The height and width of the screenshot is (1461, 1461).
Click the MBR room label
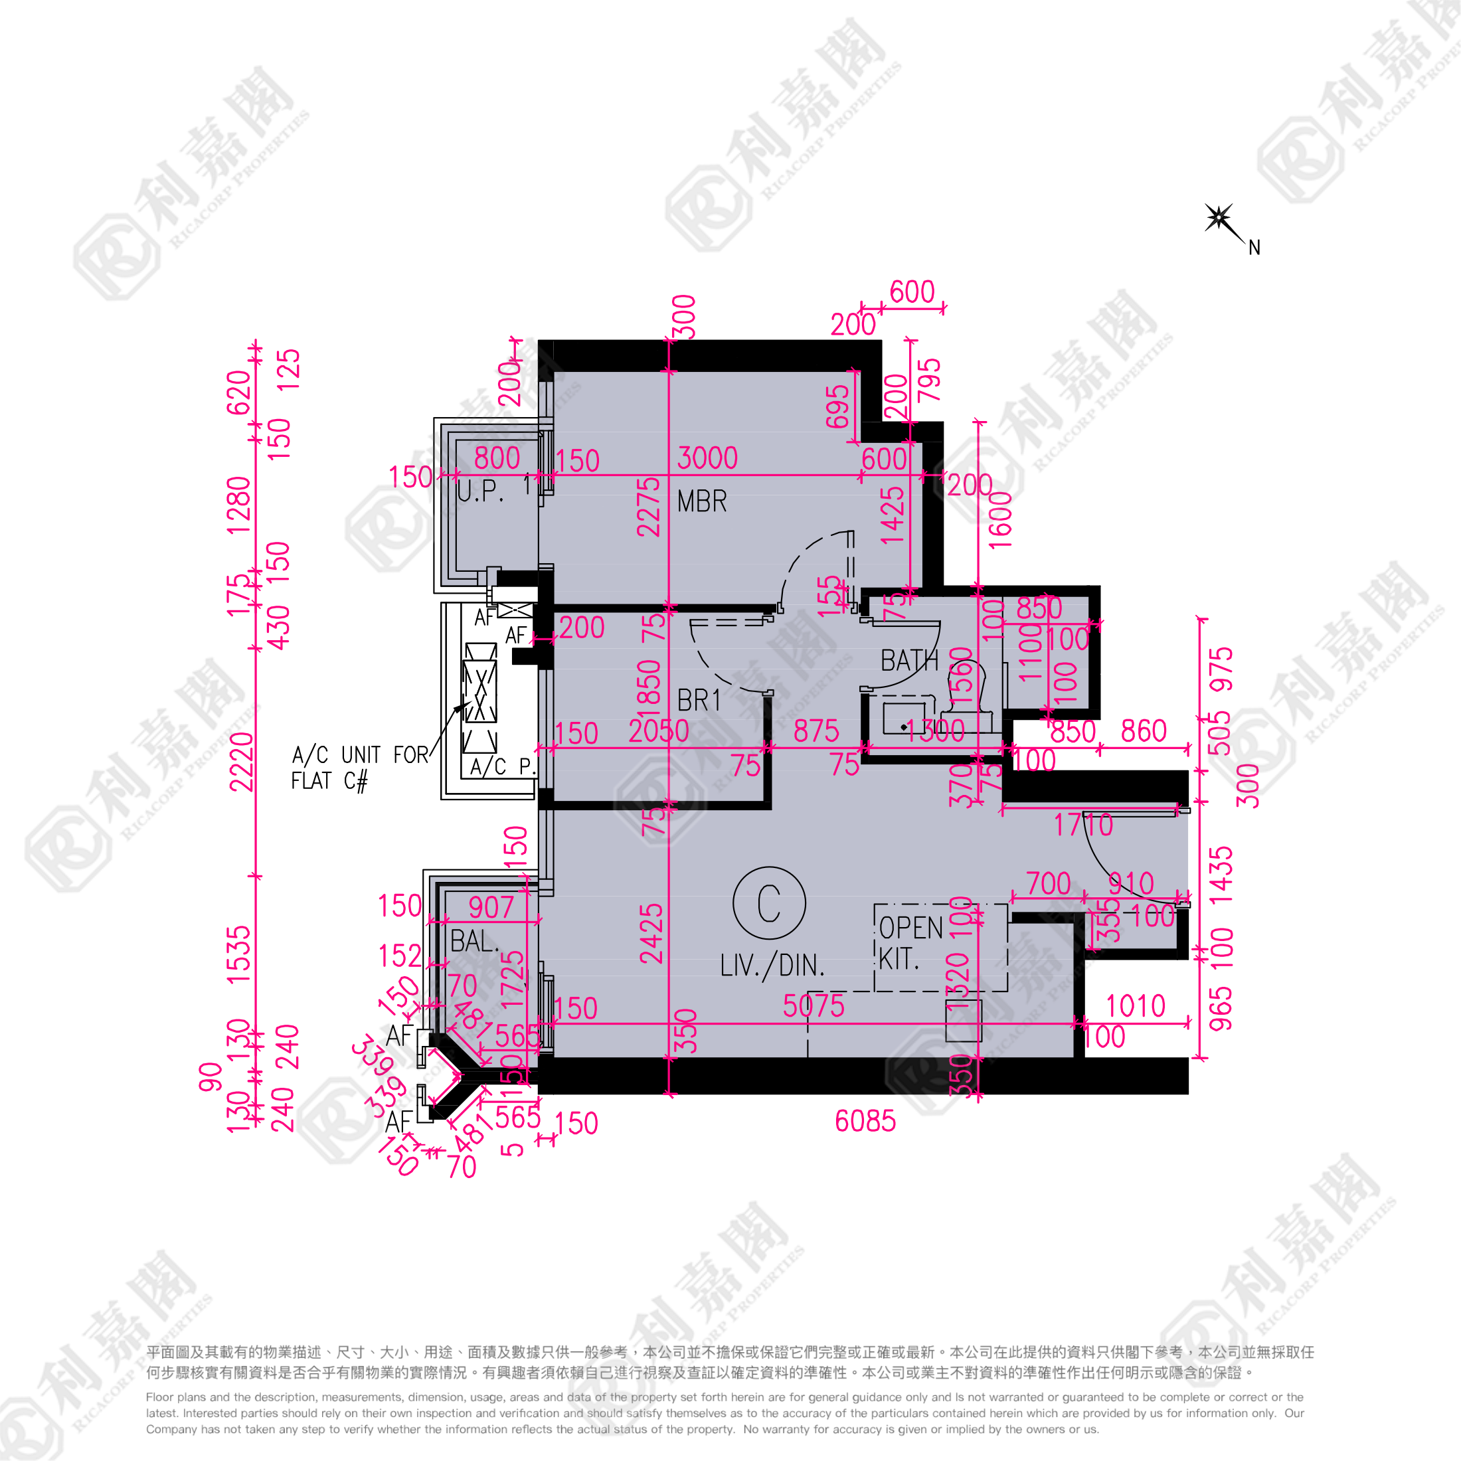tap(702, 501)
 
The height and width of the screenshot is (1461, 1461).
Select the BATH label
tap(909, 661)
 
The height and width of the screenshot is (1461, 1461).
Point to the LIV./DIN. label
tap(772, 966)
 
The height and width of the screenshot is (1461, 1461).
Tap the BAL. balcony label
tap(474, 942)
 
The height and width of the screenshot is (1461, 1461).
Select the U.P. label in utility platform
tap(479, 491)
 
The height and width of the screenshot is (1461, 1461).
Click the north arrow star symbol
tap(1218, 218)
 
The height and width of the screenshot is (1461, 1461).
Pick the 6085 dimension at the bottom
tap(865, 1122)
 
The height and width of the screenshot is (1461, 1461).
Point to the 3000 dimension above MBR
tap(707, 458)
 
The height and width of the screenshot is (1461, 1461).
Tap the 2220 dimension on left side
tap(241, 762)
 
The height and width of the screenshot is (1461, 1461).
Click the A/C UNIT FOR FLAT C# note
tap(359, 767)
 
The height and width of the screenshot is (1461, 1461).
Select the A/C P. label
tap(501, 767)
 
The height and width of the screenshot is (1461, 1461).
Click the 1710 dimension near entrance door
tap(1083, 825)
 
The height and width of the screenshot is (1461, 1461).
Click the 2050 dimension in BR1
tap(659, 731)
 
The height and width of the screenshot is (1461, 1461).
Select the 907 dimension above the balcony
tap(491, 907)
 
